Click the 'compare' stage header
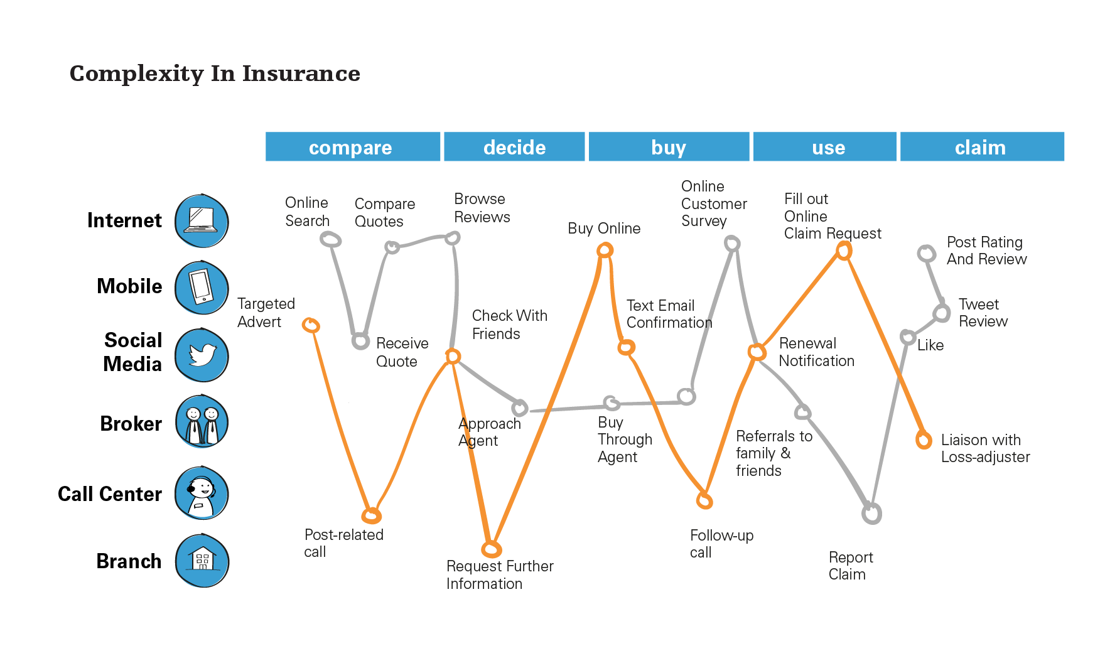tap(352, 147)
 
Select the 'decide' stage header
tap(514, 147)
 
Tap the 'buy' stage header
tap(669, 147)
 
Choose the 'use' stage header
tap(825, 147)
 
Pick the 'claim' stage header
tap(982, 147)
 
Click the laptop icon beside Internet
tap(202, 221)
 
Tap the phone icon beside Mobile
tap(202, 288)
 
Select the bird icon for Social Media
tap(202, 355)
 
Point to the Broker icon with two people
tap(202, 421)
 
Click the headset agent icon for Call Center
tap(202, 493)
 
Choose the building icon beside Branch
tap(202, 561)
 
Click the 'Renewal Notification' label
tap(816, 352)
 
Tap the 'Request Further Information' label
tap(500, 575)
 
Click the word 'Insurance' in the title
tap(301, 73)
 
